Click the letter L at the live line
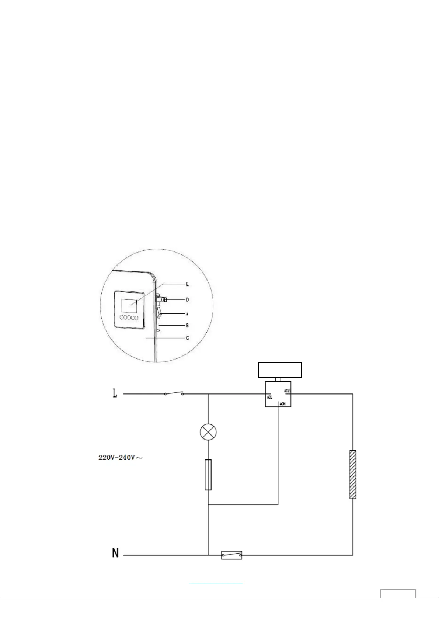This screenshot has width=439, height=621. coord(115,394)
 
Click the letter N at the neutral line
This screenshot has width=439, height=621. coord(115,553)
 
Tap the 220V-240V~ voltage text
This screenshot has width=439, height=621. coord(120,458)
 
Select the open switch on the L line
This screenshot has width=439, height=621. coord(174,393)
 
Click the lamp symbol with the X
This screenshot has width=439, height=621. coord(208,432)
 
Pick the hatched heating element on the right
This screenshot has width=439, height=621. coord(353,475)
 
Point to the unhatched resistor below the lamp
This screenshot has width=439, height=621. coord(208,475)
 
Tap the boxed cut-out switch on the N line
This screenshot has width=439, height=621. coord(231,555)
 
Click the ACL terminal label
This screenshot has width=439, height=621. coord(269,397)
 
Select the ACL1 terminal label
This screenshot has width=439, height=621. coord(288,390)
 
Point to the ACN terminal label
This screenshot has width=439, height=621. coord(282,404)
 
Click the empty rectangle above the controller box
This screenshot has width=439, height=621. coord(280,370)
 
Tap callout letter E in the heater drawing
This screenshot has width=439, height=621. coord(187,284)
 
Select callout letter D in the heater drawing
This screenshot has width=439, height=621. coord(187,300)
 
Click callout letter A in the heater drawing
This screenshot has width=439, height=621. coord(187,313)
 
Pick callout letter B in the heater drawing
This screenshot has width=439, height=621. coord(187,326)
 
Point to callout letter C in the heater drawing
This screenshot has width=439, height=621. coord(187,338)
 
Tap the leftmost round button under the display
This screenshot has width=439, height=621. coord(122,318)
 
